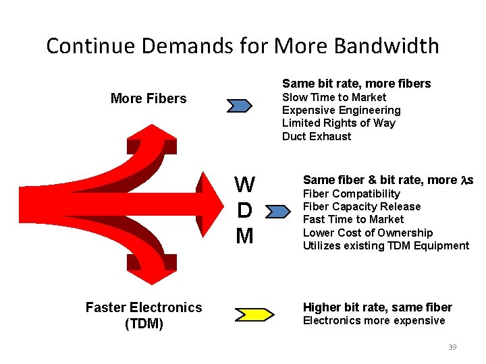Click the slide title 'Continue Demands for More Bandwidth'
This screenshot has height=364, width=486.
pyautogui.click(x=242, y=46)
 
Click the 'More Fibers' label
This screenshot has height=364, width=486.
pyautogui.click(x=148, y=98)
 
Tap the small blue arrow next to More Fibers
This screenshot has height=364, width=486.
pyautogui.click(x=239, y=105)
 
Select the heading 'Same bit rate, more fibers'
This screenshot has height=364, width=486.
pyautogui.click(x=356, y=84)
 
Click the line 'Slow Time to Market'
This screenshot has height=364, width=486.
pyautogui.click(x=333, y=97)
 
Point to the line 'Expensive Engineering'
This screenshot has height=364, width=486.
pyautogui.click(x=341, y=110)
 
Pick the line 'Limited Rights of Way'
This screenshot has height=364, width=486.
pyautogui.click(x=338, y=123)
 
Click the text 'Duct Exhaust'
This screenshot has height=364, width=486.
pyautogui.click(x=316, y=136)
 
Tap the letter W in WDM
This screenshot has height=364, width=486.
pyautogui.click(x=244, y=185)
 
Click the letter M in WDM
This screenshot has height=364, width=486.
pyautogui.click(x=244, y=236)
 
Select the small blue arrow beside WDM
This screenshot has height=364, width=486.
pyautogui.click(x=276, y=213)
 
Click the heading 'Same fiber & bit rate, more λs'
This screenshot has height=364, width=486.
pyautogui.click(x=388, y=180)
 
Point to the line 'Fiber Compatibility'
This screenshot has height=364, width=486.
pyautogui.click(x=351, y=193)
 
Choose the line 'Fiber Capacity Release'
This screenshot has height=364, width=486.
pyautogui.click(x=361, y=206)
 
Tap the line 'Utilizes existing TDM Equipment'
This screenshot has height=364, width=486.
pyautogui.click(x=385, y=245)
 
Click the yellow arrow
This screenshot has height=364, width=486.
pyautogui.click(x=254, y=314)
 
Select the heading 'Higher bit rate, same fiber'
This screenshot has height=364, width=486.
pyautogui.click(x=377, y=307)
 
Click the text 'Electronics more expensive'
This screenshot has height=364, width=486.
pyautogui.click(x=374, y=320)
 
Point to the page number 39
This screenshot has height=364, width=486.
pyautogui.click(x=452, y=346)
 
